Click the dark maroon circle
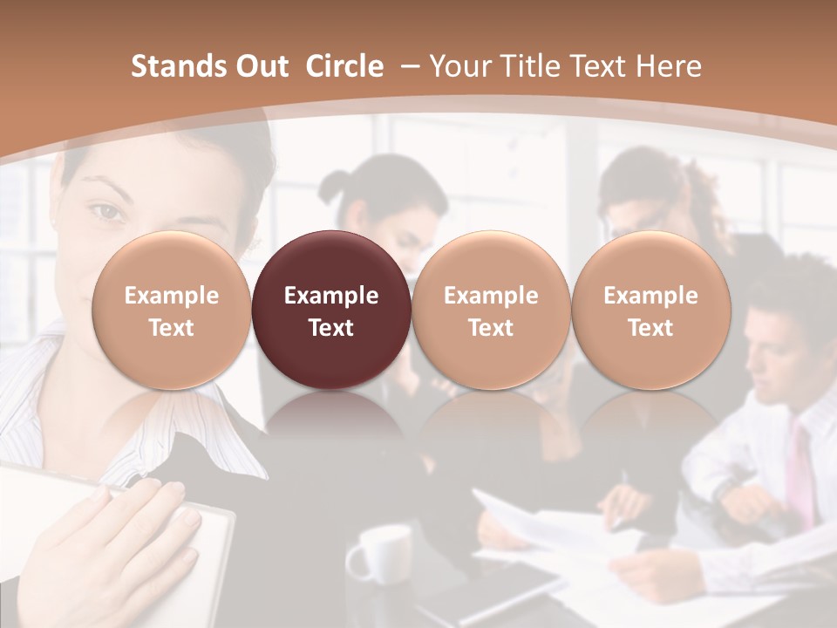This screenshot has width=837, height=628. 331,310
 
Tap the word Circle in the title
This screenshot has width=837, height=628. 344,66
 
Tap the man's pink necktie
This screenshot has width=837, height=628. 800,471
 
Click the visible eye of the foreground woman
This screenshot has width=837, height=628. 106,211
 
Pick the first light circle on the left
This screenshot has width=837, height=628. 172,310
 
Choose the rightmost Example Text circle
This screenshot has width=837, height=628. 650,310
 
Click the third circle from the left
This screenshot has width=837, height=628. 491,310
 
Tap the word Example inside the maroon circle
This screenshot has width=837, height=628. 331,296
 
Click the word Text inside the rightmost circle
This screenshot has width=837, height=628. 650,328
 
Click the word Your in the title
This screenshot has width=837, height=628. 456,66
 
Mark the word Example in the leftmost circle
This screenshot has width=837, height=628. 172,296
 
